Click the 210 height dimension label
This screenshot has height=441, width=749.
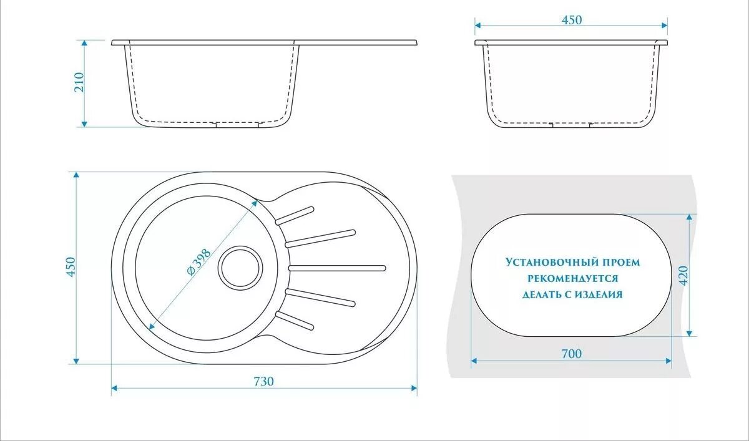point(79,82)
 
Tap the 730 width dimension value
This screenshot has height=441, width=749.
point(264,381)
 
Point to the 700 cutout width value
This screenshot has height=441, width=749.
point(571,354)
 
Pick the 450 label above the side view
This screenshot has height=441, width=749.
point(572,20)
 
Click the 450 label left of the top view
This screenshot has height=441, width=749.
point(71,267)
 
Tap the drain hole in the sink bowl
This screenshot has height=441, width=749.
point(240,267)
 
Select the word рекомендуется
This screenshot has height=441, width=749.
point(572,278)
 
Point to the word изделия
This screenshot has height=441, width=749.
point(600,294)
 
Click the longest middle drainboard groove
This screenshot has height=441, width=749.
point(337,268)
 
